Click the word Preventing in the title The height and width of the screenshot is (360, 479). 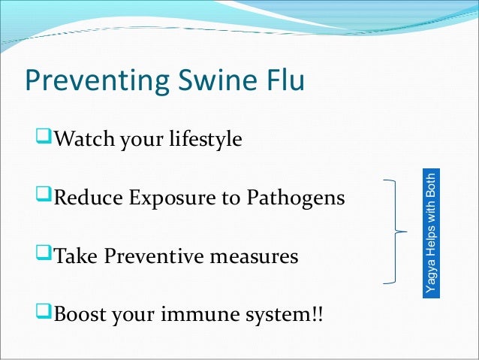97,80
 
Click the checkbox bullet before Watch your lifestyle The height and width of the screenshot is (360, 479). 44,136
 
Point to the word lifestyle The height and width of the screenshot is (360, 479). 206,140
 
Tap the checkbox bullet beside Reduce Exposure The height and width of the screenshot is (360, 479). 44,194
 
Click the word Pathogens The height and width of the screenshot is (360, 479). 296,198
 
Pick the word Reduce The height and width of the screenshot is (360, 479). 89,197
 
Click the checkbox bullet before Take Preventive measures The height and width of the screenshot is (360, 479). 44,253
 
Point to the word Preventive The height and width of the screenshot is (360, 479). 154,256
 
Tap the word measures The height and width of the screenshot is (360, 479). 254,258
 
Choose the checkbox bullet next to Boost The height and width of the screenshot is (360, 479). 44,310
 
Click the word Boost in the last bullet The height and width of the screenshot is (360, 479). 80,314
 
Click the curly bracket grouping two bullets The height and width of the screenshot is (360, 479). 396,231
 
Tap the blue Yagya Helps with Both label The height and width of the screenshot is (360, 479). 431,233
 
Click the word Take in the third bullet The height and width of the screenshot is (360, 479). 76,256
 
